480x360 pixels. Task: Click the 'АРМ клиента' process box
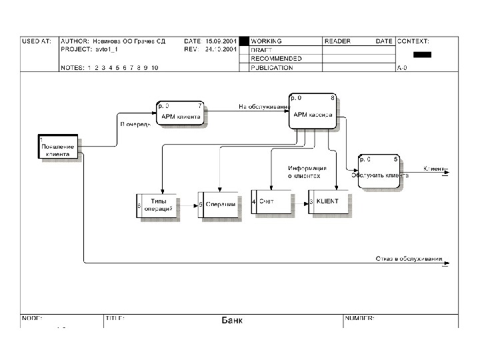(180, 115)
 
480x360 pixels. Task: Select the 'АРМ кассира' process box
(312, 111)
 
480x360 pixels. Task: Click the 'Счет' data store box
(271, 201)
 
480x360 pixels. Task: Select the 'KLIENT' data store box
(328, 201)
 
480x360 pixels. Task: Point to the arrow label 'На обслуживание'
(265, 107)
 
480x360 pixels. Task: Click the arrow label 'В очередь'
(135, 125)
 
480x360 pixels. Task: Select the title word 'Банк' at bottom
(232, 321)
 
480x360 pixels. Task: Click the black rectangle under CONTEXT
(423, 55)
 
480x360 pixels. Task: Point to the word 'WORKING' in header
(266, 41)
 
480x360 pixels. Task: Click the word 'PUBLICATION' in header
(271, 67)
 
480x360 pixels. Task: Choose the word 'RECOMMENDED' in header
(276, 59)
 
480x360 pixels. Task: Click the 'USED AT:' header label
(36, 41)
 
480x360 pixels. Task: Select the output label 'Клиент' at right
(434, 169)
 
